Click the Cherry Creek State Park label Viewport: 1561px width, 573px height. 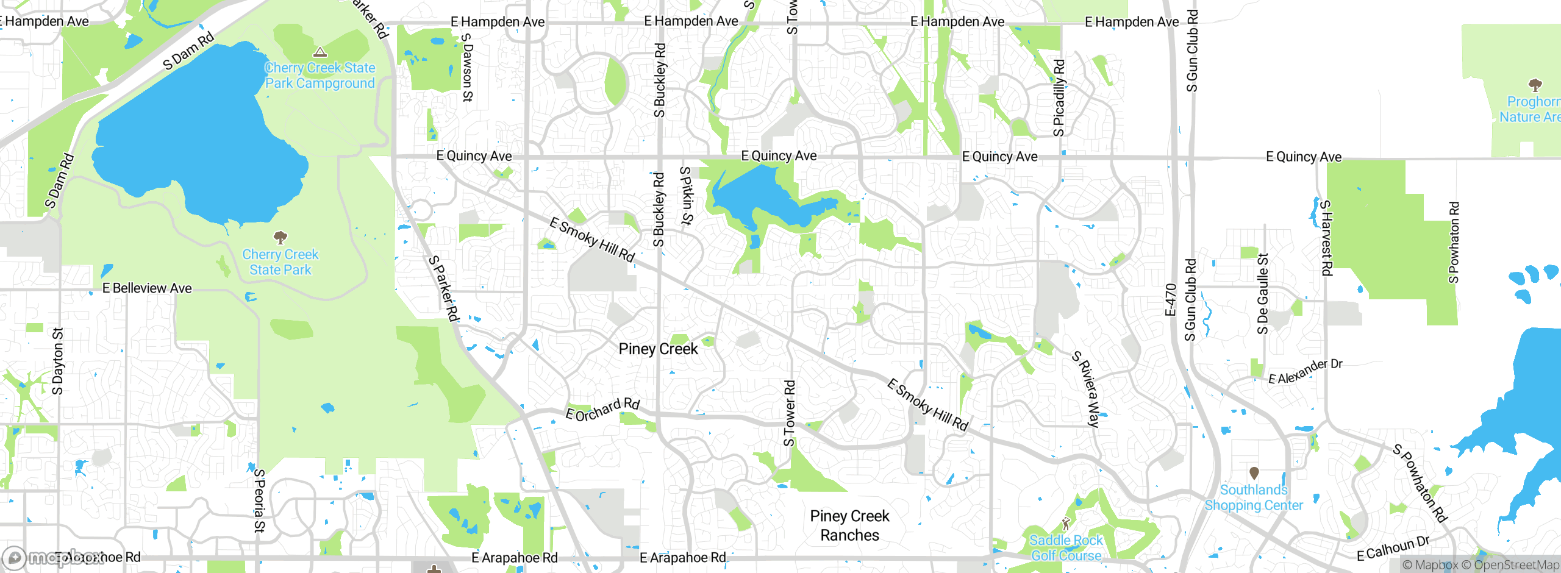(x=280, y=262)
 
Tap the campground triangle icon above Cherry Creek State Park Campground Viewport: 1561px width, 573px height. (x=320, y=52)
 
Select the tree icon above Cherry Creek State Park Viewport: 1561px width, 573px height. (x=280, y=237)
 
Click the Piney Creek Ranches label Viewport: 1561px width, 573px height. (x=849, y=525)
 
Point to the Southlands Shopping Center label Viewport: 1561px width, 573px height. (x=1254, y=497)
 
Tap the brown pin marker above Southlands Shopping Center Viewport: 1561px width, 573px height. (x=1254, y=473)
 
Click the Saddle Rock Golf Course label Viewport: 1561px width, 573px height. (x=1066, y=547)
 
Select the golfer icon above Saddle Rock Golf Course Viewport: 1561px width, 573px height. (x=1066, y=524)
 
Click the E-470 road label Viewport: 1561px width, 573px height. (x=1170, y=300)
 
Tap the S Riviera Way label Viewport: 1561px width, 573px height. (x=1090, y=389)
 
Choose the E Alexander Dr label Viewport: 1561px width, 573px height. (x=1305, y=372)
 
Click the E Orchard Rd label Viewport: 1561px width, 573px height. (x=602, y=410)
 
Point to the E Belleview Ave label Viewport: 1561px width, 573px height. (x=147, y=288)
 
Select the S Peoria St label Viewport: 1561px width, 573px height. (x=260, y=500)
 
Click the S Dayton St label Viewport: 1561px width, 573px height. (x=58, y=361)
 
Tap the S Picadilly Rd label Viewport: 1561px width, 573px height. (x=1059, y=98)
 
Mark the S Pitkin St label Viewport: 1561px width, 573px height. (x=687, y=196)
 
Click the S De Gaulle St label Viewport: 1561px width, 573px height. (x=1263, y=294)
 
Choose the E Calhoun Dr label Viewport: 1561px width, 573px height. (x=1393, y=547)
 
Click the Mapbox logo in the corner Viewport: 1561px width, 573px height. (x=52, y=557)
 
